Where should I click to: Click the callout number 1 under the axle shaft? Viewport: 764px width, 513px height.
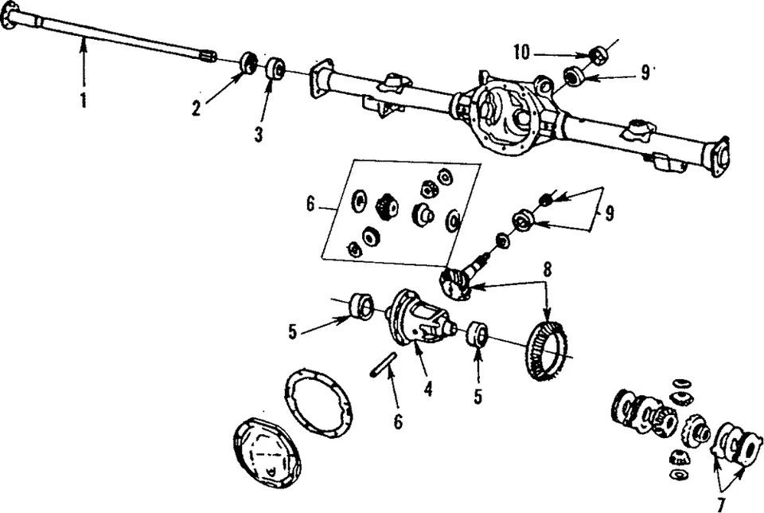[83, 100]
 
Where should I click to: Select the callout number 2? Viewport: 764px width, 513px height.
[196, 109]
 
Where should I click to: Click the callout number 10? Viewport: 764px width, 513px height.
[521, 53]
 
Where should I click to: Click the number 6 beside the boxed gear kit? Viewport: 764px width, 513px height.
[310, 205]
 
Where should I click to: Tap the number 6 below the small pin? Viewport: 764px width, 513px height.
[398, 421]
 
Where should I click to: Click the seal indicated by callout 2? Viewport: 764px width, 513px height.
[248, 63]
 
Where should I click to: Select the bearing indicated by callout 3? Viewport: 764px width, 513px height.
[276, 69]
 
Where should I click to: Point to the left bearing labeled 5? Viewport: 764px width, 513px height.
[363, 306]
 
